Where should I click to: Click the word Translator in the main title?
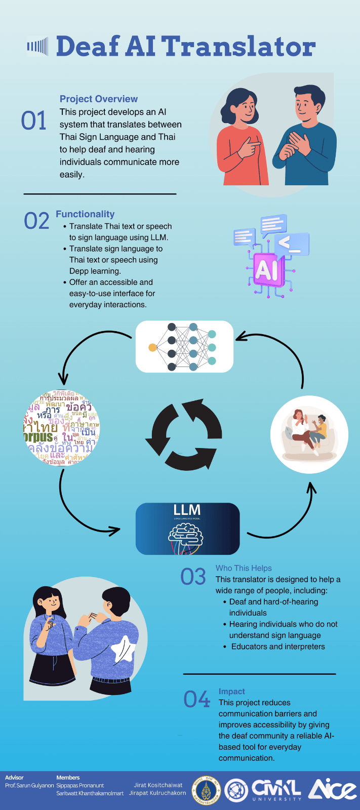(238, 47)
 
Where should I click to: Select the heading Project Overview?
(99, 99)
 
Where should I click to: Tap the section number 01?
(34, 121)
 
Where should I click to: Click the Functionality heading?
(85, 214)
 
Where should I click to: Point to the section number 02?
(36, 221)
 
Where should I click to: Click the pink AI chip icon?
(266, 269)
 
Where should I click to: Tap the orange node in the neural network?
(152, 347)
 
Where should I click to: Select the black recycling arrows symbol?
(184, 434)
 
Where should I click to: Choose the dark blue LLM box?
(187, 529)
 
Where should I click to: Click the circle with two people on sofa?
(309, 434)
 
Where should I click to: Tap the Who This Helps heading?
(244, 568)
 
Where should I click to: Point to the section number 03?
(193, 577)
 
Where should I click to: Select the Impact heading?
(231, 692)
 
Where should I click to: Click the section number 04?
(196, 700)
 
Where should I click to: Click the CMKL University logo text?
(276, 789)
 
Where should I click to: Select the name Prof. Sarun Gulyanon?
(29, 785)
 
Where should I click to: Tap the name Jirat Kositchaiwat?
(158, 785)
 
